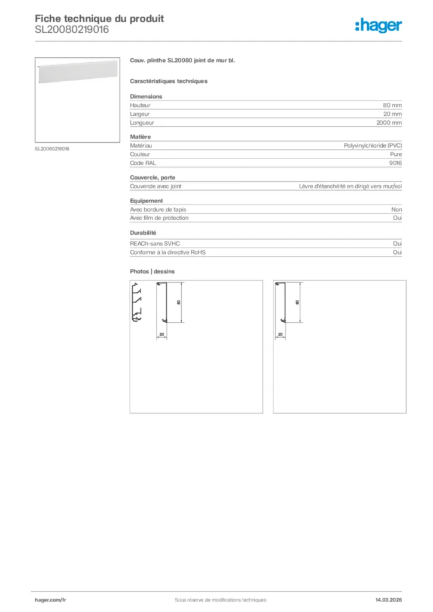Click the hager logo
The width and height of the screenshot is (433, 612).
(378, 25)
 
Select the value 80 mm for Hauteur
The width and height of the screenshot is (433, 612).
(392, 105)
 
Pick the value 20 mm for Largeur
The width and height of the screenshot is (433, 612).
(392, 114)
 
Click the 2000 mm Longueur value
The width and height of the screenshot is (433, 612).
(389, 123)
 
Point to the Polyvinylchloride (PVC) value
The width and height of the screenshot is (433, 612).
(373, 146)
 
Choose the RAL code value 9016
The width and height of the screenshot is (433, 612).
(395, 163)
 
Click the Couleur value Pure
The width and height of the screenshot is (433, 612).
(396, 154)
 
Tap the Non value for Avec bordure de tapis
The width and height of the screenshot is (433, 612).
(397, 210)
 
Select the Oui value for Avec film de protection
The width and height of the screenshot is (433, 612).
(397, 218)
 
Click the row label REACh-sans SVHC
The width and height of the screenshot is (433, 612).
(155, 244)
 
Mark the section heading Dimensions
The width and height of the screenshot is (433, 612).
(146, 96)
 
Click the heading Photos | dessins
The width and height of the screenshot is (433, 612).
(153, 271)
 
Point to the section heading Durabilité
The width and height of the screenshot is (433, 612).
(143, 232)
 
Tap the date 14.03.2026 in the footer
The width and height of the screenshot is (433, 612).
(385, 599)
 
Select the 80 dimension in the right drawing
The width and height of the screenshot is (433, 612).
(297, 302)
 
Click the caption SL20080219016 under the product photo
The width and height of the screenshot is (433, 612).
(52, 149)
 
